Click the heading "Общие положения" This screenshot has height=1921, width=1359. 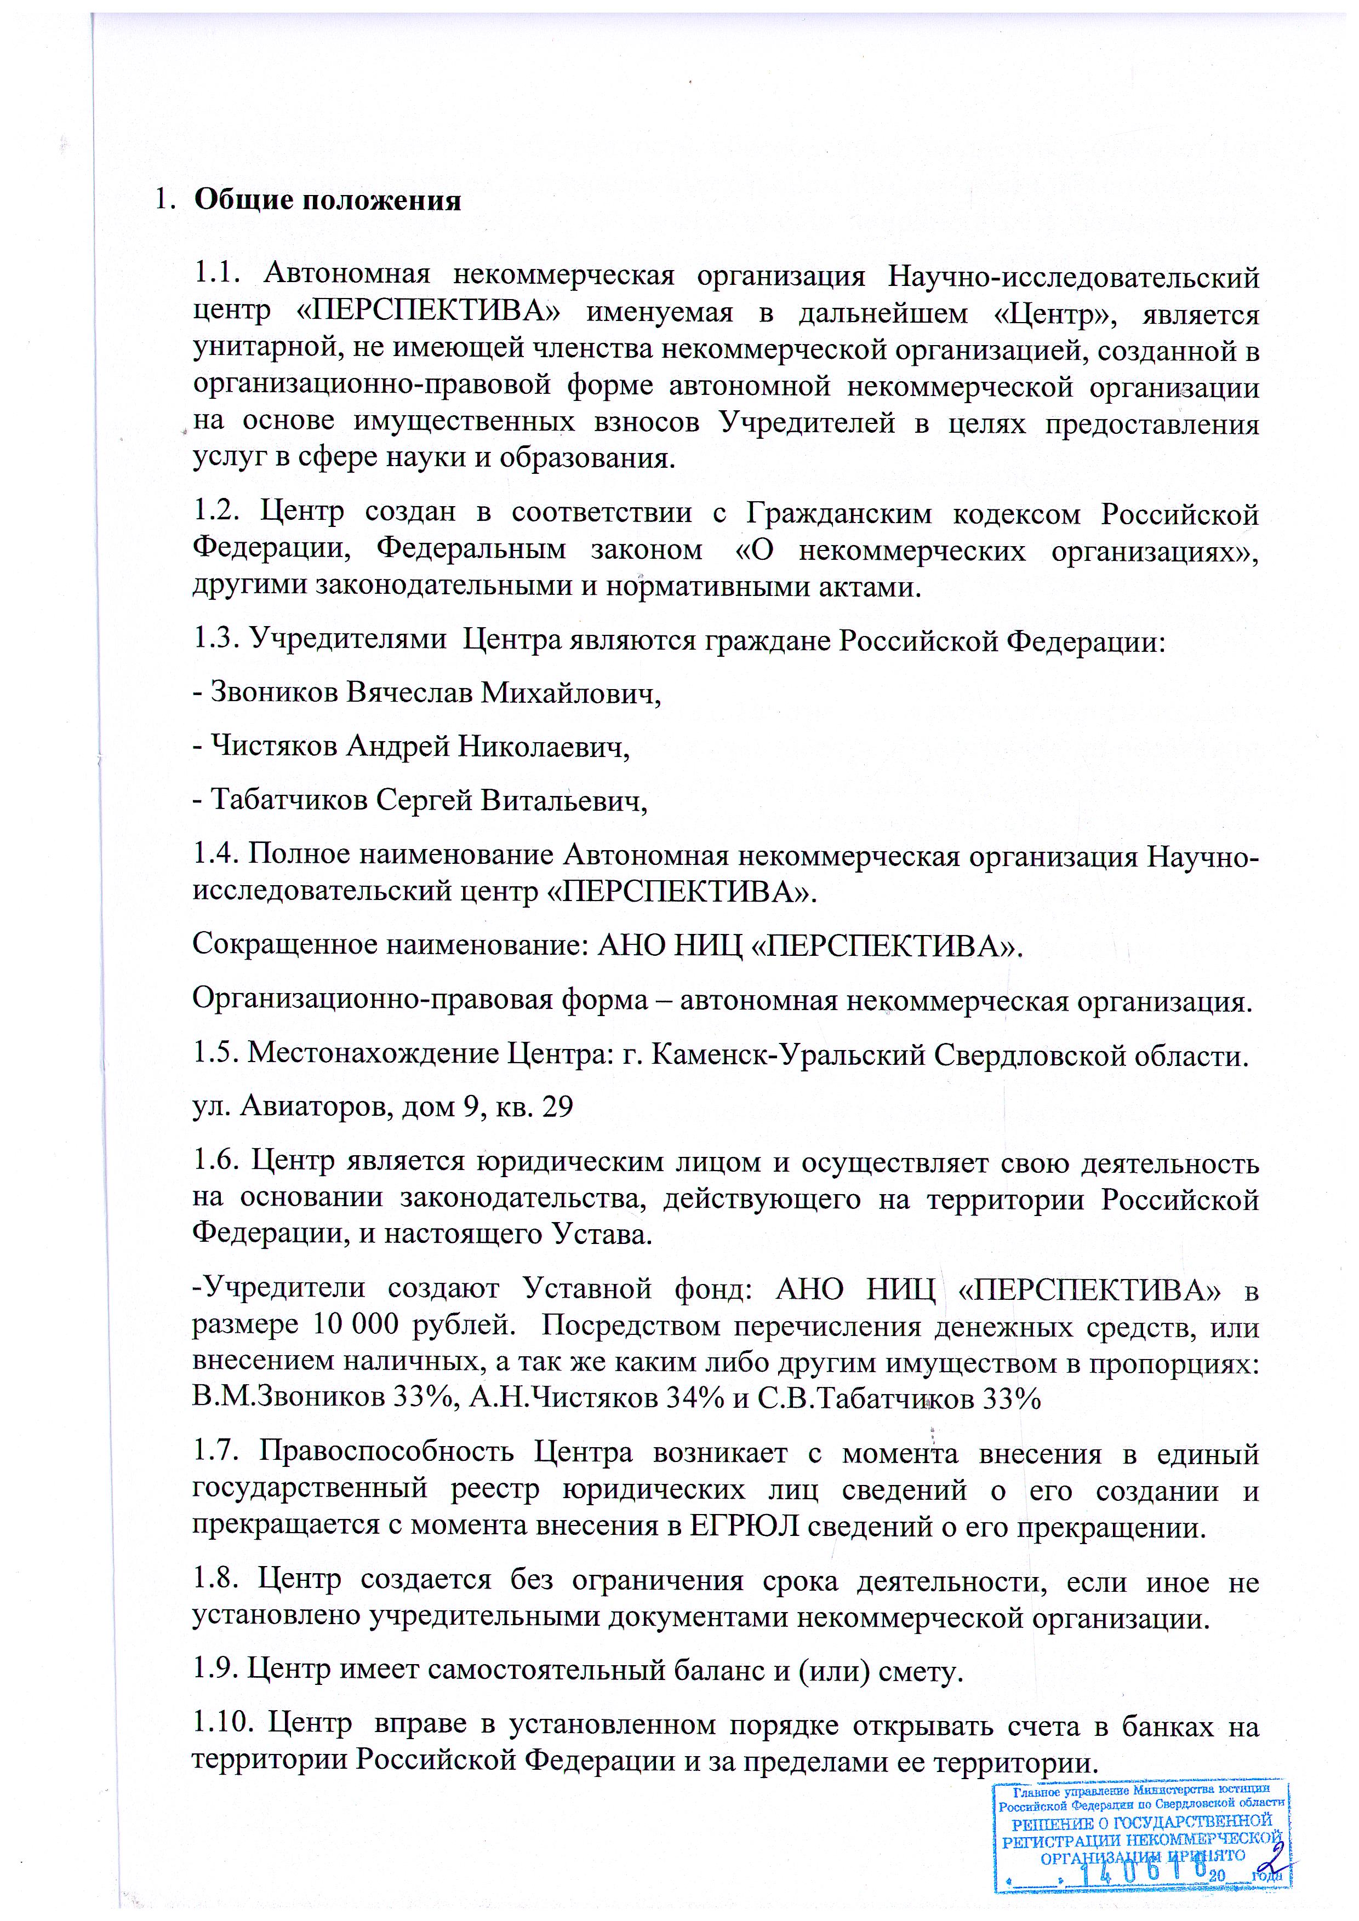coord(327,201)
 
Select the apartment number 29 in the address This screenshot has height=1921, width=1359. coord(557,1107)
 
